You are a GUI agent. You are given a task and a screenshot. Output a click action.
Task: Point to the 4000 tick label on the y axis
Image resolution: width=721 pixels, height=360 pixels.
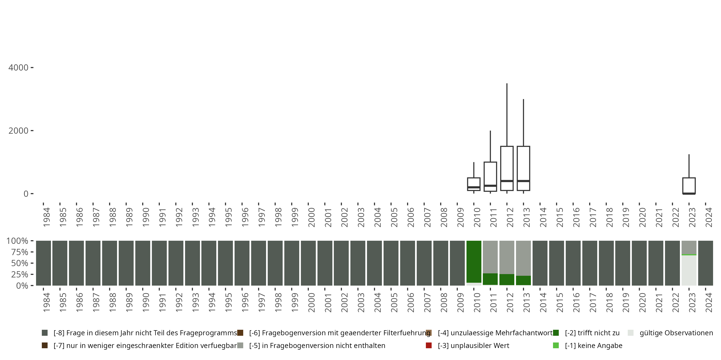coord(19,68)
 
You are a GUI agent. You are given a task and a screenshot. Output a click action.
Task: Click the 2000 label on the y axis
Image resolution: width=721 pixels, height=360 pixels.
coord(19,131)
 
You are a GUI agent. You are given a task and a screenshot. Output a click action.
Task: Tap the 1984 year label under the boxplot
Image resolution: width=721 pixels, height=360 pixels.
coord(46,217)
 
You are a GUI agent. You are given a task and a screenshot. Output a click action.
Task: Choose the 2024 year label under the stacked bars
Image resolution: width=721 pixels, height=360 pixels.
coord(709,303)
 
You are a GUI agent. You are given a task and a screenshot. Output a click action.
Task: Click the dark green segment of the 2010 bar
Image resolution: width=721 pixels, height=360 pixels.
coord(473,261)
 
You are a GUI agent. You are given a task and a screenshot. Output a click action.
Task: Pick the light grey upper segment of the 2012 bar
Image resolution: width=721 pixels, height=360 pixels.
coord(507,257)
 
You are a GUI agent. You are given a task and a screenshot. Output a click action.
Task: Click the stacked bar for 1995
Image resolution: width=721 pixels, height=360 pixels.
coord(225,263)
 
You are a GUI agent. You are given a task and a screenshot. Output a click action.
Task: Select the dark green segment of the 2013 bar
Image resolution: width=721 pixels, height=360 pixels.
coord(523,280)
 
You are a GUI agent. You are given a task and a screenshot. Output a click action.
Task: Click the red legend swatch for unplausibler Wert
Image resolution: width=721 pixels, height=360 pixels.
coord(429,345)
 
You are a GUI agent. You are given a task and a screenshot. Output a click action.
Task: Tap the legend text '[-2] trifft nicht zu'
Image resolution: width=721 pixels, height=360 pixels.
coord(592,333)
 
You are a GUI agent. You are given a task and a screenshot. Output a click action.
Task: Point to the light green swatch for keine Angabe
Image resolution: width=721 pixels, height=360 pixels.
coord(556,345)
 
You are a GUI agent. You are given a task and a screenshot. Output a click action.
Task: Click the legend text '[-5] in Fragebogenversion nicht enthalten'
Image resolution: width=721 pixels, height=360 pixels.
coord(317,345)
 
